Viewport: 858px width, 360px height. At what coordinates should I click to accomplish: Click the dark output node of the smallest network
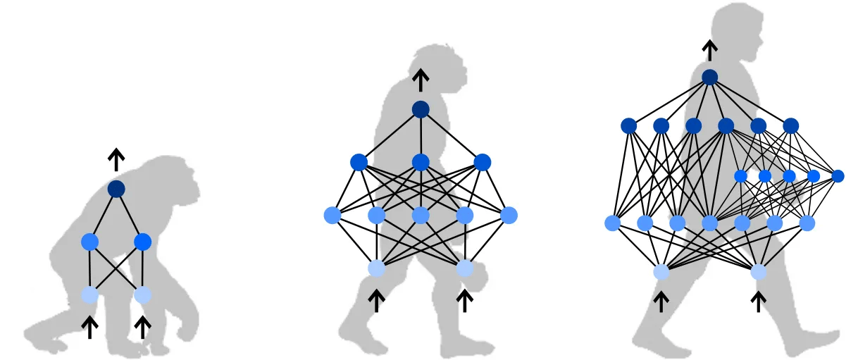click(x=116, y=189)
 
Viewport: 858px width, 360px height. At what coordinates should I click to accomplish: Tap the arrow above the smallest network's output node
click(x=116, y=160)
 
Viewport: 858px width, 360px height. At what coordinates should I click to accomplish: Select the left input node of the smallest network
click(x=89, y=294)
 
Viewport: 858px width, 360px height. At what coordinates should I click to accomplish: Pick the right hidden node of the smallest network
click(x=143, y=242)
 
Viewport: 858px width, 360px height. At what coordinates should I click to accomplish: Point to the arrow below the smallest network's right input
click(x=143, y=326)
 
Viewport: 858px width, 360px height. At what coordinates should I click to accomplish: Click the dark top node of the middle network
click(x=421, y=109)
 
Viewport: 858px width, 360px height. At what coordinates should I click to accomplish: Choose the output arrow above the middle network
click(x=421, y=80)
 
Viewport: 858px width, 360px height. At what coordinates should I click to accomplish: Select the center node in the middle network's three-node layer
click(x=421, y=163)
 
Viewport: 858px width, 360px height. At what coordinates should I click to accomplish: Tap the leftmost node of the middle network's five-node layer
click(x=332, y=215)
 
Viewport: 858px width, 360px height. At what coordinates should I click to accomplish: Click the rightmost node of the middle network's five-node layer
click(x=509, y=215)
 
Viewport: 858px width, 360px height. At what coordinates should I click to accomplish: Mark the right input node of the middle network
click(x=464, y=268)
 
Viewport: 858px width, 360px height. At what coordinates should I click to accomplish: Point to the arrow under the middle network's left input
click(x=377, y=301)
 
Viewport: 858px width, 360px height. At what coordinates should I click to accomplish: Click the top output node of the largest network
click(x=710, y=77)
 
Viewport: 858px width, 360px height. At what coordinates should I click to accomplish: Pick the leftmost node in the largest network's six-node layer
click(x=629, y=126)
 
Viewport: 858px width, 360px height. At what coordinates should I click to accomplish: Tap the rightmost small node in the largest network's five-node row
click(x=838, y=176)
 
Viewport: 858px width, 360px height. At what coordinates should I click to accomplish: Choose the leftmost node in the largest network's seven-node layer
click(x=612, y=223)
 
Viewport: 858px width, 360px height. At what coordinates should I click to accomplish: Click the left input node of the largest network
click(x=661, y=272)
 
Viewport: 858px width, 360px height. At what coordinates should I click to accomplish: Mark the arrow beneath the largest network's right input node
click(x=759, y=302)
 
